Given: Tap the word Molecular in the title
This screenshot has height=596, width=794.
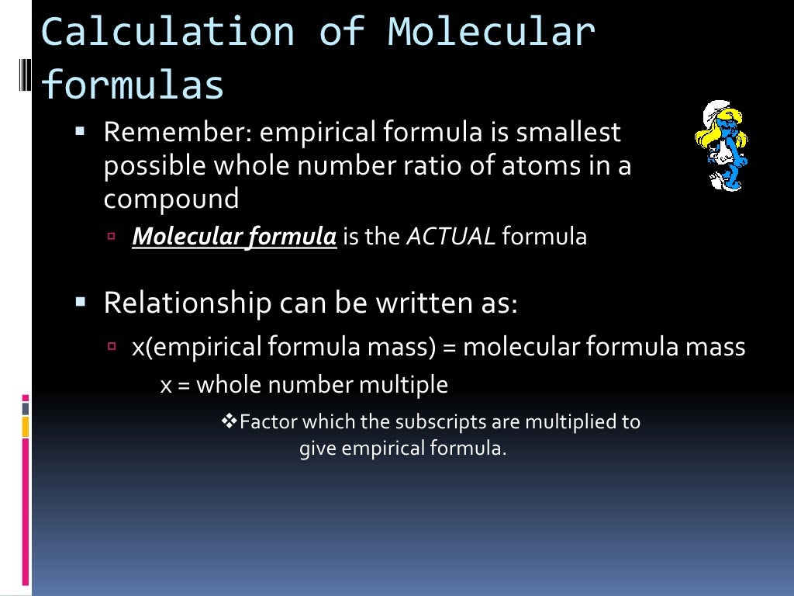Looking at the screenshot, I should pyautogui.click(x=492, y=33).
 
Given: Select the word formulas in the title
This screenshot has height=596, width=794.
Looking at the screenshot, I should pyautogui.click(x=133, y=85).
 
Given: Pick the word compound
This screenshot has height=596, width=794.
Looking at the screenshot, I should pyautogui.click(x=171, y=199).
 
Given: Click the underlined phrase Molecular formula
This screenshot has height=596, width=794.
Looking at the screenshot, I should pyautogui.click(x=234, y=237).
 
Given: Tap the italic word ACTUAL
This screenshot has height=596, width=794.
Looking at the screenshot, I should pyautogui.click(x=451, y=237).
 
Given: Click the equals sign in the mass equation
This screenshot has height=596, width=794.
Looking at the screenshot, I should pyautogui.click(x=449, y=347).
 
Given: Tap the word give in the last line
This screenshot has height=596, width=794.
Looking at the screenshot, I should pyautogui.click(x=318, y=449).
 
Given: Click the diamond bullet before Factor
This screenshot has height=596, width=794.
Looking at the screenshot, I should pyautogui.click(x=229, y=421).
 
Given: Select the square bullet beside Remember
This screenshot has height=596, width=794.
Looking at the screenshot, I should pyautogui.click(x=80, y=132).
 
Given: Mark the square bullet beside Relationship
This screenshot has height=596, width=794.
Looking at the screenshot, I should pyautogui.click(x=80, y=301).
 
